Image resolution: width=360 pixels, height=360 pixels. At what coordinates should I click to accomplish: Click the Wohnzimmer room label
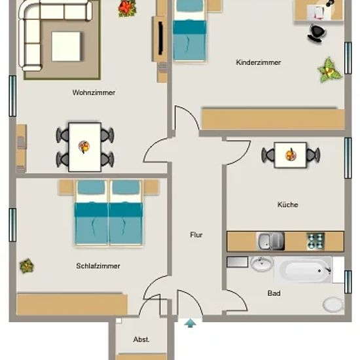click(94, 92)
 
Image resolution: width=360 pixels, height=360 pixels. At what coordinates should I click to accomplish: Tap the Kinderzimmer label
click(259, 62)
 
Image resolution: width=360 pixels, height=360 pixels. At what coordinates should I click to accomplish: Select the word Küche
click(288, 204)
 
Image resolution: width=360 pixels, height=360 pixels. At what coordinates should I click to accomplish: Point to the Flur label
click(196, 234)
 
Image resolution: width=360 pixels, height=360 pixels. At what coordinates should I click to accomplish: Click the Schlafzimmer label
click(98, 266)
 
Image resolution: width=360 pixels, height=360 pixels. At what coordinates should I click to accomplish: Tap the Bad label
click(274, 293)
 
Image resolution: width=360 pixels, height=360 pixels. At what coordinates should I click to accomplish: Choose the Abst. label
click(141, 339)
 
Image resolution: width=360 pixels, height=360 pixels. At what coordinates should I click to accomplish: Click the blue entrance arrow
click(190, 323)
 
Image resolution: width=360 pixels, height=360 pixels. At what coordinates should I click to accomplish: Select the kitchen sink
click(270, 241)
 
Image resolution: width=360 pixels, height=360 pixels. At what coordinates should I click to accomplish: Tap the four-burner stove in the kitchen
click(315, 241)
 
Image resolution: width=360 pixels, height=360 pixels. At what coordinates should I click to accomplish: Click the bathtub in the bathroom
click(303, 270)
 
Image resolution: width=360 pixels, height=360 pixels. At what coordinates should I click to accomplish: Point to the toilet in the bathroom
click(334, 304)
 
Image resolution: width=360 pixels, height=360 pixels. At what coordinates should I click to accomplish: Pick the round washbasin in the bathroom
click(262, 263)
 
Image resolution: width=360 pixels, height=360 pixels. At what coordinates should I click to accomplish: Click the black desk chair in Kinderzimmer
click(317, 33)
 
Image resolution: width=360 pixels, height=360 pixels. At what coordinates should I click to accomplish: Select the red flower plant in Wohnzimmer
click(127, 9)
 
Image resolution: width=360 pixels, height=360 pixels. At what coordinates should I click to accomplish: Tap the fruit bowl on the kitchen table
click(291, 154)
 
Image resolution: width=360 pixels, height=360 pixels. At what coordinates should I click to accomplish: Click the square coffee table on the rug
click(66, 46)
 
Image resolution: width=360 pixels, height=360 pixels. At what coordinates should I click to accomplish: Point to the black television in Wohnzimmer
click(161, 38)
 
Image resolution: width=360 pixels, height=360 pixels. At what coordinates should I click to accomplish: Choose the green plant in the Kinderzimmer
click(330, 70)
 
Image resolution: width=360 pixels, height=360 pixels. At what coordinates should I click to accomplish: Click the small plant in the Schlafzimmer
click(27, 266)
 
